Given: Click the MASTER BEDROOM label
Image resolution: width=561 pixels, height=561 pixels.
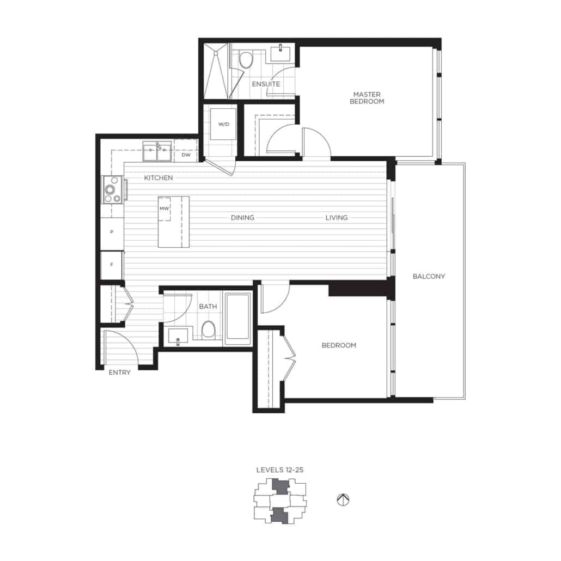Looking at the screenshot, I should [366, 98].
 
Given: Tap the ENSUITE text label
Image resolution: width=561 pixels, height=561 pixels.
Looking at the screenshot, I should [266, 84].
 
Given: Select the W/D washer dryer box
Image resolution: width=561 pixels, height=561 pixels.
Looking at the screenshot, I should [224, 125].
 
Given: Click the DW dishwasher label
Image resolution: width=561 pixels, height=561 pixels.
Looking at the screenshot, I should [185, 155].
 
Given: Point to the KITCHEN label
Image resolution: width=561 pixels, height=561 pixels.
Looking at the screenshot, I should [158, 178].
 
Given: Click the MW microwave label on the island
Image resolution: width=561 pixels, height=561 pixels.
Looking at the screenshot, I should [164, 209].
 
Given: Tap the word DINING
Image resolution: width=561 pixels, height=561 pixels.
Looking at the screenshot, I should [242, 218].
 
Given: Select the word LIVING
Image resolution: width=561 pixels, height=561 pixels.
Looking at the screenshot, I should [336, 218].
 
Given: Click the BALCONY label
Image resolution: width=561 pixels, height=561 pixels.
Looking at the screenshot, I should [429, 276].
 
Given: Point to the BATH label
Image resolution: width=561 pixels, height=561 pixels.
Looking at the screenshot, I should [208, 307].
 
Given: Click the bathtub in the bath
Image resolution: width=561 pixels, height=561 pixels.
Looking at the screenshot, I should [237, 319].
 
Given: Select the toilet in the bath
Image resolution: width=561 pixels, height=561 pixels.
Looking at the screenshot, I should [208, 330].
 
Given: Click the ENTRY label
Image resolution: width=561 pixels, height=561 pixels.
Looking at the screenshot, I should [119, 373].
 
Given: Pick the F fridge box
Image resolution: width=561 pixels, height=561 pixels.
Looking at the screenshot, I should [112, 265].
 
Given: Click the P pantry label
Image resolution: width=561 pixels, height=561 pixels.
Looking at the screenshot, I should [112, 232].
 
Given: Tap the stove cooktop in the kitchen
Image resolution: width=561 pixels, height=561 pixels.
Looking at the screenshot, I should [112, 190].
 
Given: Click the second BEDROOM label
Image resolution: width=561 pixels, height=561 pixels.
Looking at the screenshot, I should [339, 345].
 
